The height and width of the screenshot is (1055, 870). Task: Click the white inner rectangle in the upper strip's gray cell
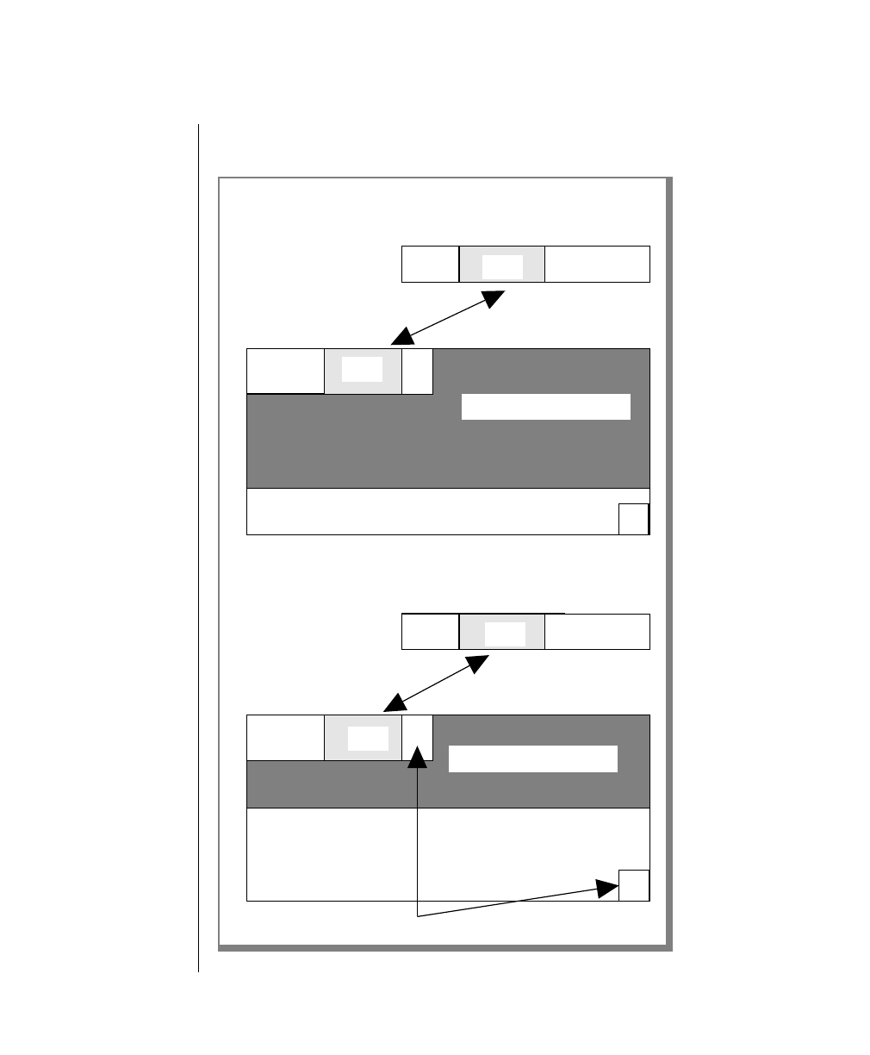(x=502, y=266)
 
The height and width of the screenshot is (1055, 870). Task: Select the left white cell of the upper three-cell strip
(x=430, y=264)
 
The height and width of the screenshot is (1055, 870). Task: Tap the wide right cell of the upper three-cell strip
(x=597, y=264)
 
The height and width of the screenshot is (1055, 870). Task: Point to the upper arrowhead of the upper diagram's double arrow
(x=494, y=298)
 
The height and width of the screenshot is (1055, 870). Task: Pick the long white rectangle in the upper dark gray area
(x=546, y=407)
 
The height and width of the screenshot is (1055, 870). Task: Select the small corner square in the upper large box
(x=633, y=520)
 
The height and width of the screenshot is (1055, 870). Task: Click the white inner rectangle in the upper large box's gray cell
(x=362, y=369)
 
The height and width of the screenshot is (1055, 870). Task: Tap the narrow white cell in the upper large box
(x=417, y=371)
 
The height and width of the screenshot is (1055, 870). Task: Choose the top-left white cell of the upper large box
(x=285, y=371)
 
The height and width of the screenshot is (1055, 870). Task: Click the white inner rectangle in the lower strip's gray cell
(x=504, y=634)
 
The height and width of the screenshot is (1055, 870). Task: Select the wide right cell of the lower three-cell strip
(x=597, y=632)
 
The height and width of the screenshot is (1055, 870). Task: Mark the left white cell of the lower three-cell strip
(x=430, y=632)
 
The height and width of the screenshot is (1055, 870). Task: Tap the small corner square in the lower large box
(x=634, y=885)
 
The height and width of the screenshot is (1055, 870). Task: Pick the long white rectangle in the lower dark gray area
(x=533, y=758)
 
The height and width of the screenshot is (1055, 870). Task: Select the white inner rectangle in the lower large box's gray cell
(x=368, y=739)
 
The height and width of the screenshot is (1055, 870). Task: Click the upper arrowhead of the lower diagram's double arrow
(x=478, y=665)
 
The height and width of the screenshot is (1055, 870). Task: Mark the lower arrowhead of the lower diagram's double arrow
(x=394, y=702)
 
